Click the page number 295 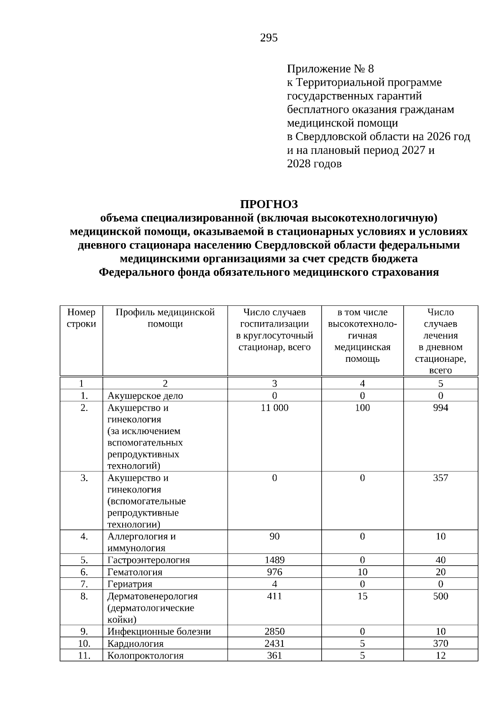pos(269,38)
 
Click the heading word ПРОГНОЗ pos(269,204)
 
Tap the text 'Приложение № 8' pos(330,69)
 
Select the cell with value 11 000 pos(274,408)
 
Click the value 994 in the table pos(441,408)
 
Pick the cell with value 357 pos(441,478)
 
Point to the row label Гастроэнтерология pos(149,560)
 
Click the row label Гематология pos(135,572)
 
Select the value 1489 pos(274,560)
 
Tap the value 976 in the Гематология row pos(274,572)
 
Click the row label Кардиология pos(136,644)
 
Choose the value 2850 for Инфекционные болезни pos(274,632)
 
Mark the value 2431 pos(274,644)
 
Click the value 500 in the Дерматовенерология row pos(441,596)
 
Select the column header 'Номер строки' pos(81,318)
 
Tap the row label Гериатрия pos(130,584)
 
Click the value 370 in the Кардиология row pos(441,644)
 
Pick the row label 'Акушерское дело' pos(145,396)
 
